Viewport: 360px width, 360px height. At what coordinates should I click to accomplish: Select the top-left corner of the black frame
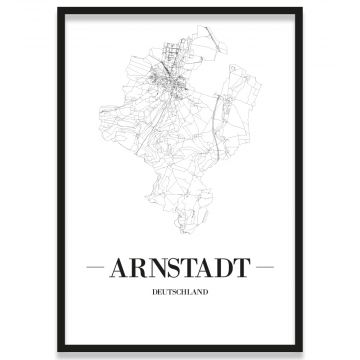coord(59,9)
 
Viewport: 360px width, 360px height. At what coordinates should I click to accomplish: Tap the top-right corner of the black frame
coord(301,9)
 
